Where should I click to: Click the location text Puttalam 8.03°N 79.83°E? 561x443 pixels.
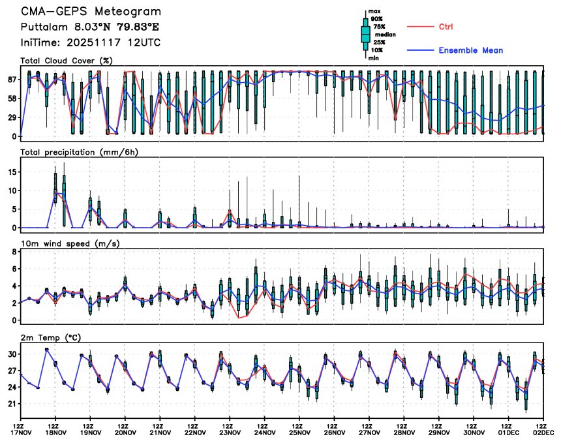pyautogui.click(x=89, y=27)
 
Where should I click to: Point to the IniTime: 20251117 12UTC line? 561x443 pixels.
pyautogui.click(x=90, y=43)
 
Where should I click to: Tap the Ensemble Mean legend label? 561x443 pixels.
pyautogui.click(x=470, y=50)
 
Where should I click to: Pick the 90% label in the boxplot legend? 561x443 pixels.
pyautogui.click(x=376, y=19)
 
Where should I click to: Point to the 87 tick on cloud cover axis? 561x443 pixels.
pyautogui.click(x=10, y=79)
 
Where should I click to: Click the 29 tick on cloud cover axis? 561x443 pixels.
pyautogui.click(x=10, y=117)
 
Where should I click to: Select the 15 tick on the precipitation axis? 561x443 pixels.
pyautogui.click(x=10, y=172)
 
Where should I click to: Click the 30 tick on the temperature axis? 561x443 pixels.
pyautogui.click(x=10, y=354)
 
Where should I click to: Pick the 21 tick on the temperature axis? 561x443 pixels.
pyautogui.click(x=10, y=405)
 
